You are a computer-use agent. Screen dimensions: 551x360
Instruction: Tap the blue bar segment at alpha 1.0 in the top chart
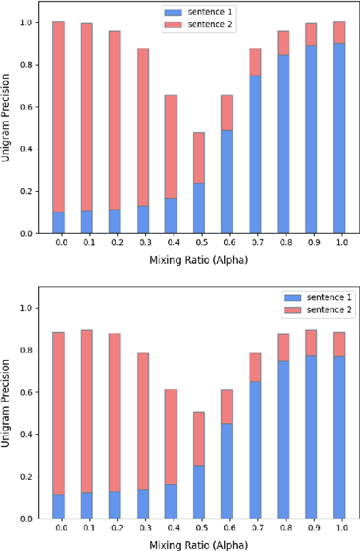coord(339,138)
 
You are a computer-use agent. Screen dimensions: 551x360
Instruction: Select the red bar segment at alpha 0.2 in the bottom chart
coord(115,412)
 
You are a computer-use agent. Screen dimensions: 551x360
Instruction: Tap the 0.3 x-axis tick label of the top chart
coord(143,241)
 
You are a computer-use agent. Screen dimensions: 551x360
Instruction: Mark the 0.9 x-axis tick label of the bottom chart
coord(311,526)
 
